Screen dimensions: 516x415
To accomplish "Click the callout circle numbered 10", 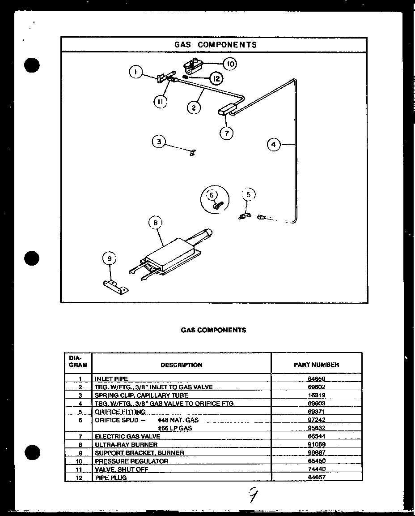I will [x=230, y=64].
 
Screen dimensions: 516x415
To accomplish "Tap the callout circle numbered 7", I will [x=226, y=133].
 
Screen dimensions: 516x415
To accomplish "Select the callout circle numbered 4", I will [x=274, y=145].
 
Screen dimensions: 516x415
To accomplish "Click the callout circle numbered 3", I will [x=158, y=142].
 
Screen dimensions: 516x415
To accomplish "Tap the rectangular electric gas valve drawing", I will [x=227, y=110].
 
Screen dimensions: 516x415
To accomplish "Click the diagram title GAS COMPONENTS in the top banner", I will [x=215, y=45].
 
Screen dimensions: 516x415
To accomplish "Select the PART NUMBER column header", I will [x=316, y=365].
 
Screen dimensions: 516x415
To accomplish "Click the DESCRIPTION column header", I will [x=181, y=365].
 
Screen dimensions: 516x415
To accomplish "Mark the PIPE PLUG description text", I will [x=110, y=477].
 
